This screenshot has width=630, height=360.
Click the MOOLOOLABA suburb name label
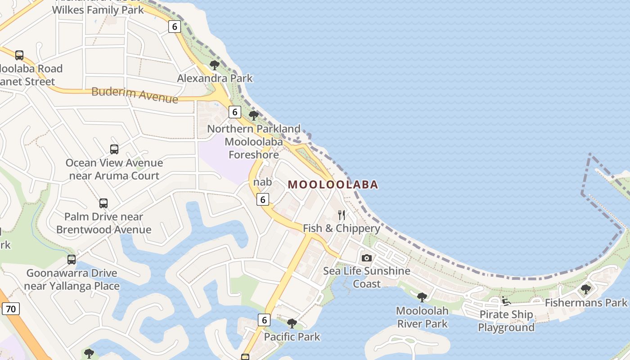click(x=333, y=184)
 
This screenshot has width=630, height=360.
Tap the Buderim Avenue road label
click(x=135, y=94)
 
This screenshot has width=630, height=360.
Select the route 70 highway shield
click(x=11, y=309)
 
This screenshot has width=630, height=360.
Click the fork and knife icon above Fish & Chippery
click(x=342, y=215)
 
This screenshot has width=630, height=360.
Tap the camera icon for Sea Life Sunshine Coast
click(x=367, y=258)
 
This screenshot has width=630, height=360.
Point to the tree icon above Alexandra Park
click(x=215, y=65)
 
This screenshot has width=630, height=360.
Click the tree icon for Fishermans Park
click(x=585, y=289)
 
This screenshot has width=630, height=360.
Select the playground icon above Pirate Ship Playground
click(x=506, y=301)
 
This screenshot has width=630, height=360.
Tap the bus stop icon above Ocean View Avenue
click(x=114, y=149)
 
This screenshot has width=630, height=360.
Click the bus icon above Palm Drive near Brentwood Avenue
click(x=103, y=203)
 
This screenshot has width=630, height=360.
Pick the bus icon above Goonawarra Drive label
click(x=72, y=260)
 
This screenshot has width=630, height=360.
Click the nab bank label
click(x=262, y=182)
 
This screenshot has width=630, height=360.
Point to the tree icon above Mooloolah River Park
click(x=422, y=297)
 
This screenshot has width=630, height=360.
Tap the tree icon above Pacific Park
click(x=292, y=323)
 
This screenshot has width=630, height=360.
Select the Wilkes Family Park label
click(x=98, y=9)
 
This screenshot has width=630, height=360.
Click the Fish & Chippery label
click(x=342, y=228)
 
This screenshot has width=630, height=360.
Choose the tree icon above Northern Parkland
click(x=254, y=116)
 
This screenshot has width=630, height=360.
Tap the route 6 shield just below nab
click(x=263, y=199)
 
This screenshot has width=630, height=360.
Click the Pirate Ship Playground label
click(x=506, y=321)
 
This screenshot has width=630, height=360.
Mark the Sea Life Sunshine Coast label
click(x=367, y=277)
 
